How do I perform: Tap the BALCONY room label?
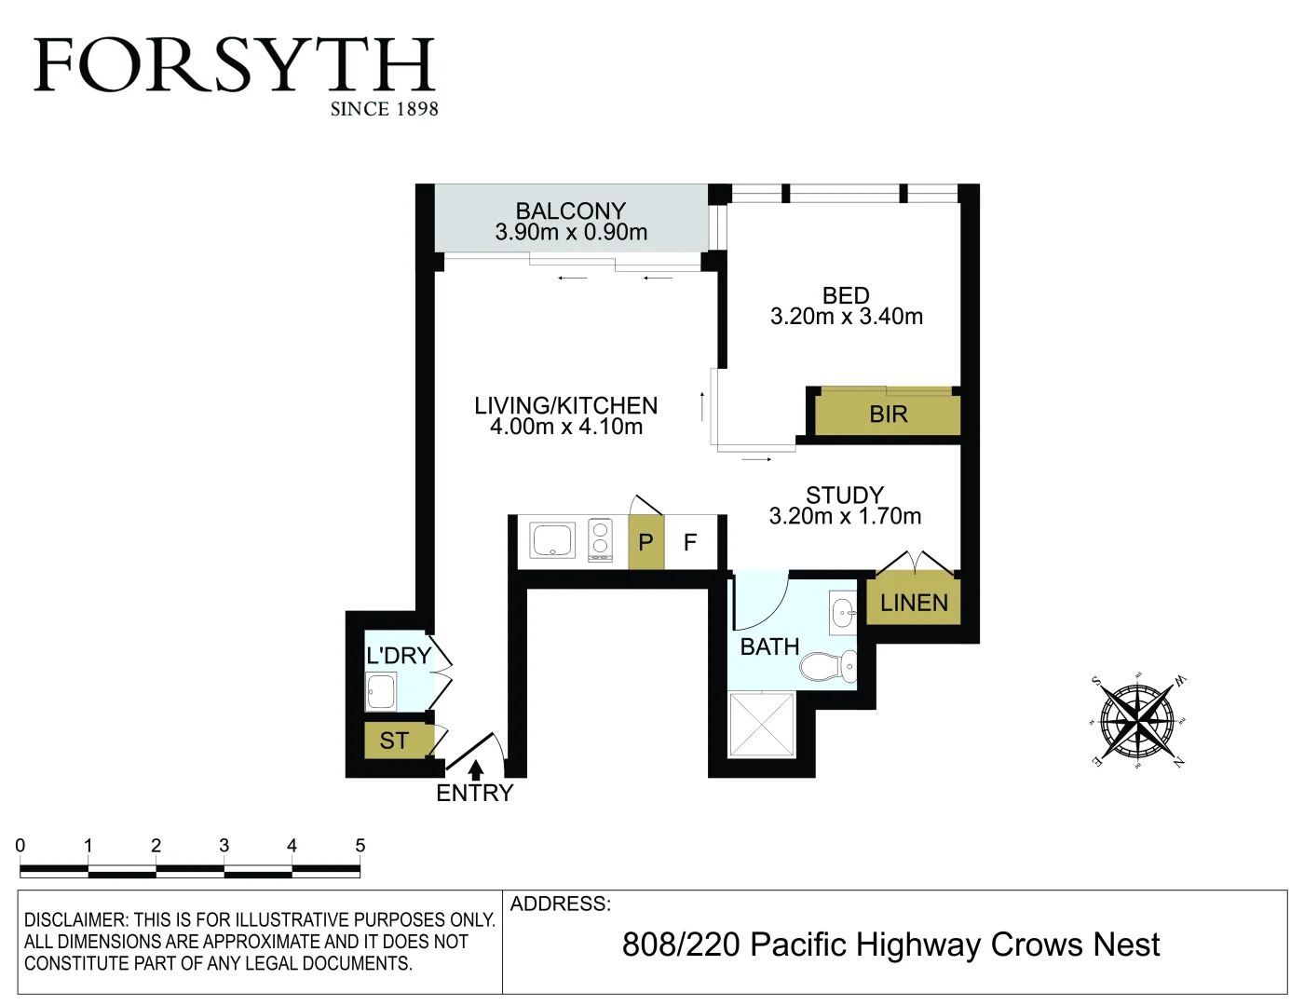570,211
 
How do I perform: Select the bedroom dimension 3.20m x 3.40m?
846,317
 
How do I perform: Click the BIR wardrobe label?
888,415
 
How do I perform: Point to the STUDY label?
844,495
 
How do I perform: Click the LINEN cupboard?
913,603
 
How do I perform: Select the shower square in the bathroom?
762,724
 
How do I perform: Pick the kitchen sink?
552,540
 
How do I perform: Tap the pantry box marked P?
645,542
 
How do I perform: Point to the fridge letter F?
690,542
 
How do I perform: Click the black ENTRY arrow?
476,770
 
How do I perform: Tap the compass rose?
1136,721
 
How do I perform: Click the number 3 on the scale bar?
224,846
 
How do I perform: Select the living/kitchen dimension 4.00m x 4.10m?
566,427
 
